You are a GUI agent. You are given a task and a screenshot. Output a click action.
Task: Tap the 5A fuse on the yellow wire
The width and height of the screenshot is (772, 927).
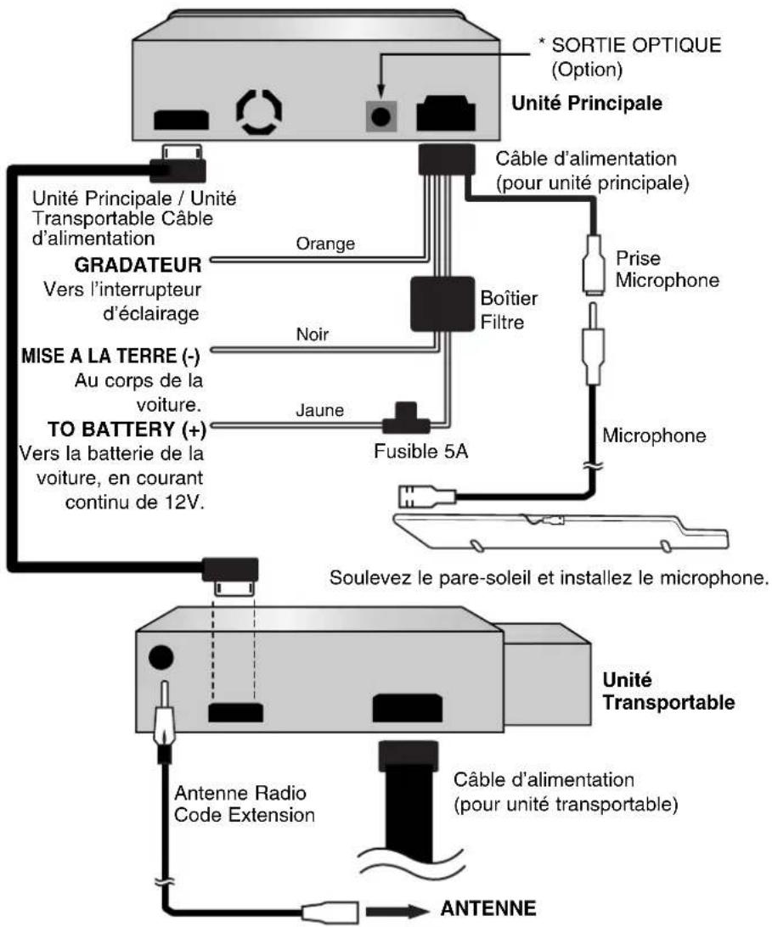pyautogui.click(x=406, y=419)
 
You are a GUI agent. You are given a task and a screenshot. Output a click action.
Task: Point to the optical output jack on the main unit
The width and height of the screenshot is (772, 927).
pyautogui.click(x=380, y=115)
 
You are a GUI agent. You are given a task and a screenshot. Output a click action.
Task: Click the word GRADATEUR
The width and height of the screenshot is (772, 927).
pyautogui.click(x=138, y=265)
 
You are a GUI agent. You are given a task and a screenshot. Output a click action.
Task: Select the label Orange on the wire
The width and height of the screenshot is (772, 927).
pyautogui.click(x=325, y=243)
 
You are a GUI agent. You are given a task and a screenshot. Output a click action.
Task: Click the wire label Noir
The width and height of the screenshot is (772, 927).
pyautogui.click(x=313, y=334)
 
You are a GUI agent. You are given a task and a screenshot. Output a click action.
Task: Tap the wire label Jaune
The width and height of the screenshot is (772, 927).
pyautogui.click(x=319, y=410)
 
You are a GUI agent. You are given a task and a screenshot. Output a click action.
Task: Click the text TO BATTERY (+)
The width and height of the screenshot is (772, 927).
pyautogui.click(x=127, y=429)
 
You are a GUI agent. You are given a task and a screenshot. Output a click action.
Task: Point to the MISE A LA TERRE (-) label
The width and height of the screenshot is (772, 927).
pyautogui.click(x=110, y=356)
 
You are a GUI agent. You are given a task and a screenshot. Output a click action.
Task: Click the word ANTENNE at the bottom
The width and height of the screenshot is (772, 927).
pyautogui.click(x=488, y=907)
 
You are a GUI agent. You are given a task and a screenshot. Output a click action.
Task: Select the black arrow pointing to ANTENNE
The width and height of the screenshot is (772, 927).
pyautogui.click(x=397, y=910)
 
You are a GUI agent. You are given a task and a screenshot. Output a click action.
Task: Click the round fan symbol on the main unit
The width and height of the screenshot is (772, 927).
pyautogui.click(x=259, y=111)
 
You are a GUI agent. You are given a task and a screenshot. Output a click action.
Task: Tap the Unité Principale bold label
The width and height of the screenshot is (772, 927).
pyautogui.click(x=587, y=103)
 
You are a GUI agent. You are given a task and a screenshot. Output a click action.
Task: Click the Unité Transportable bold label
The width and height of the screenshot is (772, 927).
pyautogui.click(x=668, y=691)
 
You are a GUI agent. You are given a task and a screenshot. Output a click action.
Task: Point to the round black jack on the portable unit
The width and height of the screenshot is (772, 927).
pyautogui.click(x=161, y=657)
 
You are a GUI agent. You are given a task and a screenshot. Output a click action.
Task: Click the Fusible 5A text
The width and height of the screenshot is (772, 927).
pyautogui.click(x=420, y=452)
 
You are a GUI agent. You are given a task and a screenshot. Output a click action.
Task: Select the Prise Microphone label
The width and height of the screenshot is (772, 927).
pyautogui.click(x=668, y=269)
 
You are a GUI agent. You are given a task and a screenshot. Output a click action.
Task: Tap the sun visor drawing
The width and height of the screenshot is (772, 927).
pyautogui.click(x=561, y=532)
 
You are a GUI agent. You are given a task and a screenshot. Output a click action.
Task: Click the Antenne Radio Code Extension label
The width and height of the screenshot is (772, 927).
pyautogui.click(x=245, y=803)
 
